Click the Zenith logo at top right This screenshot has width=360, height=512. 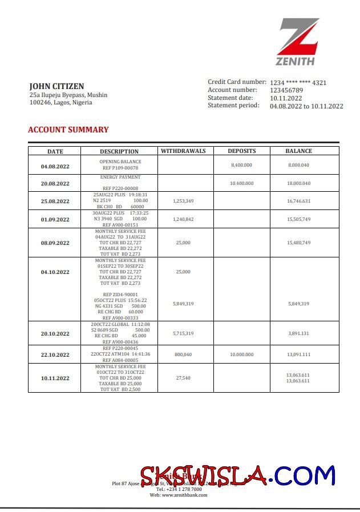pos(299,42)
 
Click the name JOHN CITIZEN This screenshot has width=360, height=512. pos(56,86)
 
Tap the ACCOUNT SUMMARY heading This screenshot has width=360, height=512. pos(68,130)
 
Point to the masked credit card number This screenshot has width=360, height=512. pos(298,83)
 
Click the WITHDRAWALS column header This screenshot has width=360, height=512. pos(183,151)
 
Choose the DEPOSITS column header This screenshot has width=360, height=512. pos(242,151)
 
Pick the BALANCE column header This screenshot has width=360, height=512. pos(298,151)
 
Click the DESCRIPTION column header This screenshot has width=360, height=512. pos(119,152)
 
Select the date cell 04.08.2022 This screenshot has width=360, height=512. pos(55,167)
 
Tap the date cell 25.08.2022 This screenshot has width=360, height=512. pos(55,201)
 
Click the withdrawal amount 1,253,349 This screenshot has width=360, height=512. pos(183,201)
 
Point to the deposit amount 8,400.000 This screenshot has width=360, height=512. pos(242,165)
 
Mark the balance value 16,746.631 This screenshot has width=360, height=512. pos(298,201)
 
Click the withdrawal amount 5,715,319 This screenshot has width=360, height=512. pos(183,333)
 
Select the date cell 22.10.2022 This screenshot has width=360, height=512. pos(55,355)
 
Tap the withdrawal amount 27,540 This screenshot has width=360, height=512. pos(183,378)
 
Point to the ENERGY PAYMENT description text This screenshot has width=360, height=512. pos(120,178)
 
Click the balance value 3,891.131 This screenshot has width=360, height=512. pos(298,333)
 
